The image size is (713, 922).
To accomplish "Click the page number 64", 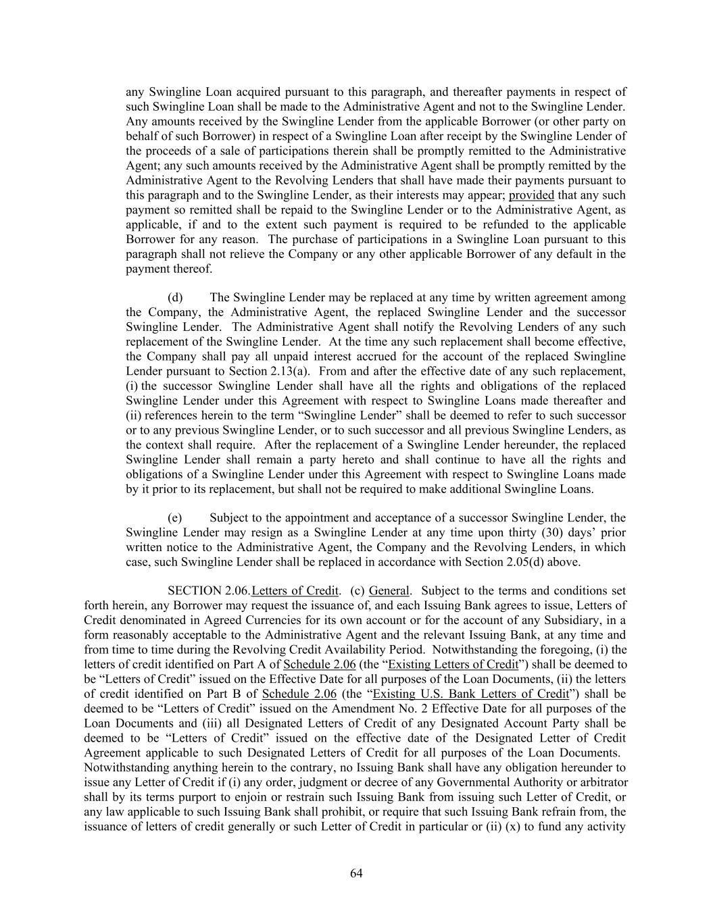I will coord(356,873).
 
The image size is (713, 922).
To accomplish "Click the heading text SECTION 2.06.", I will coord(209,591).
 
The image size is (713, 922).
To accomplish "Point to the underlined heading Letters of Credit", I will coord(295,591).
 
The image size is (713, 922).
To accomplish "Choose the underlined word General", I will coord(389,591).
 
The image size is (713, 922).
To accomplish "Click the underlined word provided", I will coord(531,195).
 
